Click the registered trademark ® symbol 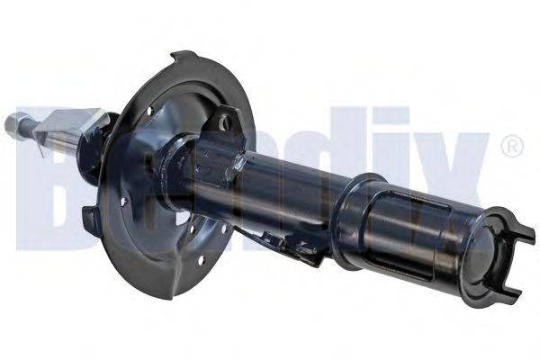coord(511,147)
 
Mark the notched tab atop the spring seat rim coord(184,61)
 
